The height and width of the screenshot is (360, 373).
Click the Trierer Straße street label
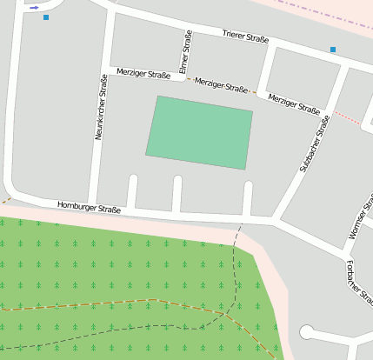point(245,37)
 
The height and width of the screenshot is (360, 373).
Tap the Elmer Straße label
point(184,51)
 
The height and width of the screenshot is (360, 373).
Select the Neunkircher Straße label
point(101,108)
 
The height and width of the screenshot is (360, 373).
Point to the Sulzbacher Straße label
point(315,143)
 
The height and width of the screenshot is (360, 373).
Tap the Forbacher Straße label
point(359,280)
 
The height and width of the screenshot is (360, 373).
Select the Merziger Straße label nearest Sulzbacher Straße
point(294,103)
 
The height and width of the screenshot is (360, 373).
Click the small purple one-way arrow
point(34,8)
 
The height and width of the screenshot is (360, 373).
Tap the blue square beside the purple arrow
point(46,17)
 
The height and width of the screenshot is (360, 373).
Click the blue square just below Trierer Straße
point(333,50)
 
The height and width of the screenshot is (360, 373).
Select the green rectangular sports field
point(199,132)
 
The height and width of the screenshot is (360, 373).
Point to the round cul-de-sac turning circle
point(306,332)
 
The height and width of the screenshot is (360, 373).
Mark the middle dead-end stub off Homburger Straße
point(177,193)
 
